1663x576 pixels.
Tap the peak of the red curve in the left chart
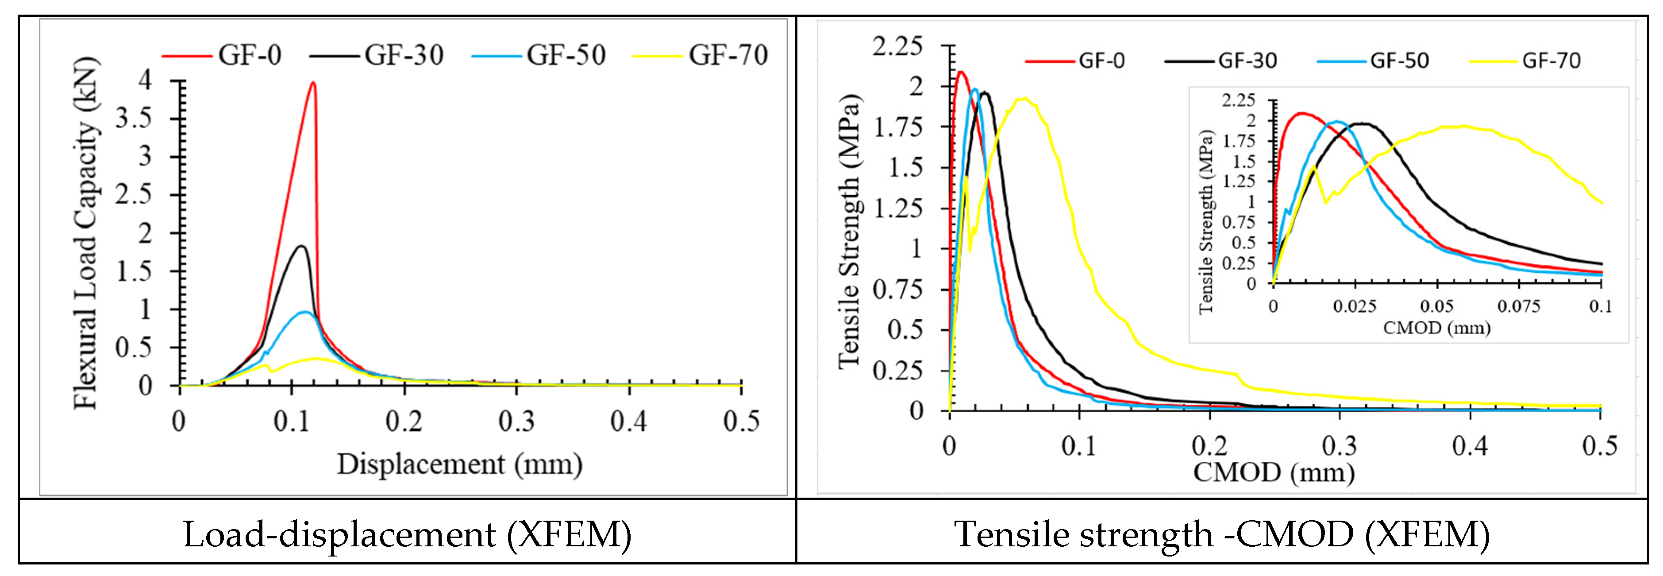coord(313,83)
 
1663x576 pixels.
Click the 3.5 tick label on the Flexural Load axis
coord(134,118)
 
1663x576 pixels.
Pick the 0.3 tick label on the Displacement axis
coord(516,421)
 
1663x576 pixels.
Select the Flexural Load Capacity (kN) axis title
coord(86,232)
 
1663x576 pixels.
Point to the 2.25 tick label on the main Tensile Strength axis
coord(897,46)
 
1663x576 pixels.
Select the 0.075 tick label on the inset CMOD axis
coord(1518,306)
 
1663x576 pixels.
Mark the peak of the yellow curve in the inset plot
coord(1464,126)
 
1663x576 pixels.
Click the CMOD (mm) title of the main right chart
coord(1273,472)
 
